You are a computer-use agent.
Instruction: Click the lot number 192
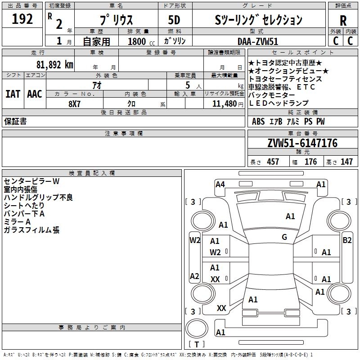[x=22, y=19]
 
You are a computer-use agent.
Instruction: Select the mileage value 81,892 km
[x=55, y=65]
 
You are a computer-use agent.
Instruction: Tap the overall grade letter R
[x=343, y=21]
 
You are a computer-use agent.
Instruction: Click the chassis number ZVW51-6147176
[x=302, y=143]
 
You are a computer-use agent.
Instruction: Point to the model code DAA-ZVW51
[x=258, y=41]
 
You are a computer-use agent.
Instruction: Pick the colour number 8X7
[x=74, y=104]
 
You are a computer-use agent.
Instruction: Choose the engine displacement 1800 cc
[x=141, y=41]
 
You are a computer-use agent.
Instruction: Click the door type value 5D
[x=174, y=20]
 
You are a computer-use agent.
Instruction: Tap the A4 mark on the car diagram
[x=220, y=184]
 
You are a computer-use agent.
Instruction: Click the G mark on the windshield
[x=284, y=237]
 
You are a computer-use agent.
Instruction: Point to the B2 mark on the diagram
[x=347, y=240]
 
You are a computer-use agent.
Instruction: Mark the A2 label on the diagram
[x=194, y=276]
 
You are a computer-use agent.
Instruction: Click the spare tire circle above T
[x=197, y=328]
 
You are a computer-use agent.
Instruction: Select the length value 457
[x=273, y=162]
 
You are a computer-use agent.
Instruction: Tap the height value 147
[x=346, y=162]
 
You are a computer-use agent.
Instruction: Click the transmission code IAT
[x=13, y=94]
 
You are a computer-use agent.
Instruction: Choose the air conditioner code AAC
[x=35, y=94]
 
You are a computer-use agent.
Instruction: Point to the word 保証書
[x=15, y=121]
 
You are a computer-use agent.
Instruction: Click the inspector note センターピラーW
[x=31, y=181]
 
